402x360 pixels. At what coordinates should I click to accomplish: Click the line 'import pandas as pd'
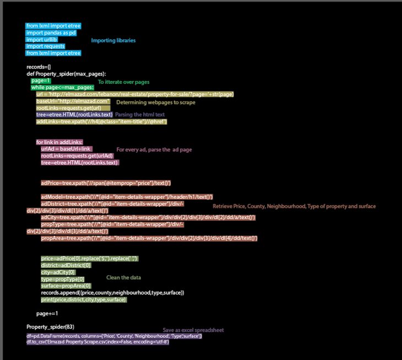tap(51, 33)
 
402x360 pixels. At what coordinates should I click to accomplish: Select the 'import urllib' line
tap(42, 39)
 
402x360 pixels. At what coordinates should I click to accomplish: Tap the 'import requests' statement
tap(46, 46)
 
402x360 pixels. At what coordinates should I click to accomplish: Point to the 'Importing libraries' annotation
tap(113, 40)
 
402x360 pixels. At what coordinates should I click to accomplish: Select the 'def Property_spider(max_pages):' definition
tap(66, 73)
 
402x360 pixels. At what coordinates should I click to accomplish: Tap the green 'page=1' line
tap(41, 80)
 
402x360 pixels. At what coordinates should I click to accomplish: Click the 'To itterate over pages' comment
tap(123, 82)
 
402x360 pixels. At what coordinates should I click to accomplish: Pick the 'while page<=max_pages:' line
tap(62, 87)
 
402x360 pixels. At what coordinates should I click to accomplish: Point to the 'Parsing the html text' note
tap(140, 114)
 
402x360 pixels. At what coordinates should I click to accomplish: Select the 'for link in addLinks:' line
tap(59, 142)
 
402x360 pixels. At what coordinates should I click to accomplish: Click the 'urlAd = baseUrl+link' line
tap(66, 149)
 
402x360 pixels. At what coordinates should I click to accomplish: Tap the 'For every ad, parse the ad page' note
tap(154, 149)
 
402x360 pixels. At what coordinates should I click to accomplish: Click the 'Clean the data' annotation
tap(124, 277)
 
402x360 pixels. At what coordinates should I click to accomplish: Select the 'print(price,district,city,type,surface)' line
tap(84, 299)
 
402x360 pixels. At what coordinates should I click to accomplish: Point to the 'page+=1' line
tap(47, 313)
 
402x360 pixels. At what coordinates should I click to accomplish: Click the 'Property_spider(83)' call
tap(51, 327)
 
